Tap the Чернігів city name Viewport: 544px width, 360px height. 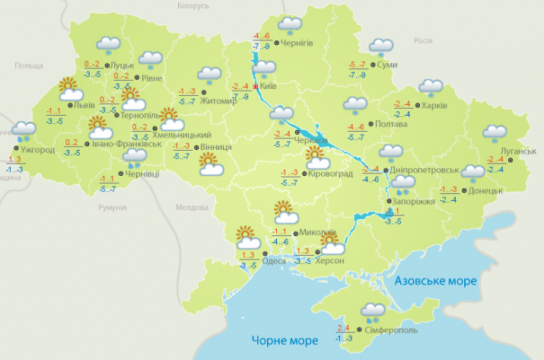[297, 43]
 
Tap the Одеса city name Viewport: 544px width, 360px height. [274, 261]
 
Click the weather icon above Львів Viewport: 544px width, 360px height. [69, 88]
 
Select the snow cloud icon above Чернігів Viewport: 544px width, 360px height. [289, 25]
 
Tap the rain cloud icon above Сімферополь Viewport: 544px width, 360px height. [372, 312]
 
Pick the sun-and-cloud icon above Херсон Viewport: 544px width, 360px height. [331, 244]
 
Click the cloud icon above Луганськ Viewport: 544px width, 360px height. [498, 134]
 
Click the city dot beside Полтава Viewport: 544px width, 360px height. [368, 124]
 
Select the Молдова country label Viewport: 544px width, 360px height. [192, 206]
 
